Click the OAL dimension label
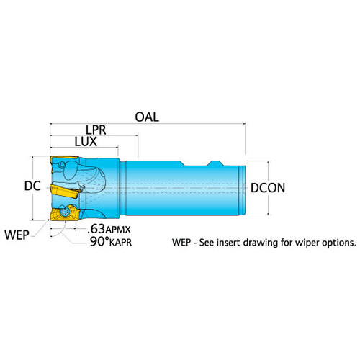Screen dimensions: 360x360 click(147, 117)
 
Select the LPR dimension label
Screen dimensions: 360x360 click(96, 130)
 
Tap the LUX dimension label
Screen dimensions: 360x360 click(86, 142)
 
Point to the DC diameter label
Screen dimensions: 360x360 click(32, 186)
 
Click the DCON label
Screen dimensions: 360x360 click(268, 188)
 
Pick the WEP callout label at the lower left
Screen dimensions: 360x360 click(17, 235)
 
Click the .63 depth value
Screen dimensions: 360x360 click(96, 229)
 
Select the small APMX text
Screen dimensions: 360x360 click(118, 230)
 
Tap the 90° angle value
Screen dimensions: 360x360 click(99, 241)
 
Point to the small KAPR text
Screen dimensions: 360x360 click(120, 243)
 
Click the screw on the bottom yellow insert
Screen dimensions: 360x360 click(65, 212)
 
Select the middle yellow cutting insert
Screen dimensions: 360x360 click(65, 191)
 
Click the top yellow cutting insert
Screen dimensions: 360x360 click(64, 158)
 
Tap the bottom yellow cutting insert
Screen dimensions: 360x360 click(64, 212)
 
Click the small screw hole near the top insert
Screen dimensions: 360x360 click(62, 166)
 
